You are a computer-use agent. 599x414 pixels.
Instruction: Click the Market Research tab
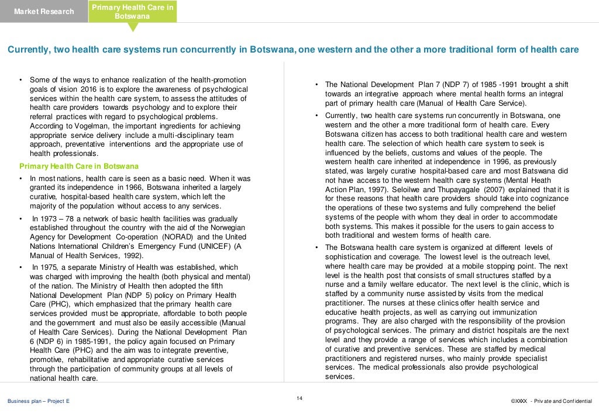click(44, 12)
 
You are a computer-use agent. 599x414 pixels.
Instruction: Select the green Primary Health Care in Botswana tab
click(132, 12)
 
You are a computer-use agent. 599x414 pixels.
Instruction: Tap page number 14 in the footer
click(299, 398)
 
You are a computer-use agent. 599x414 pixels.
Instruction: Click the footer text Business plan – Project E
click(38, 401)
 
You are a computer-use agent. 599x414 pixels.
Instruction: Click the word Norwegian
click(225, 228)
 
